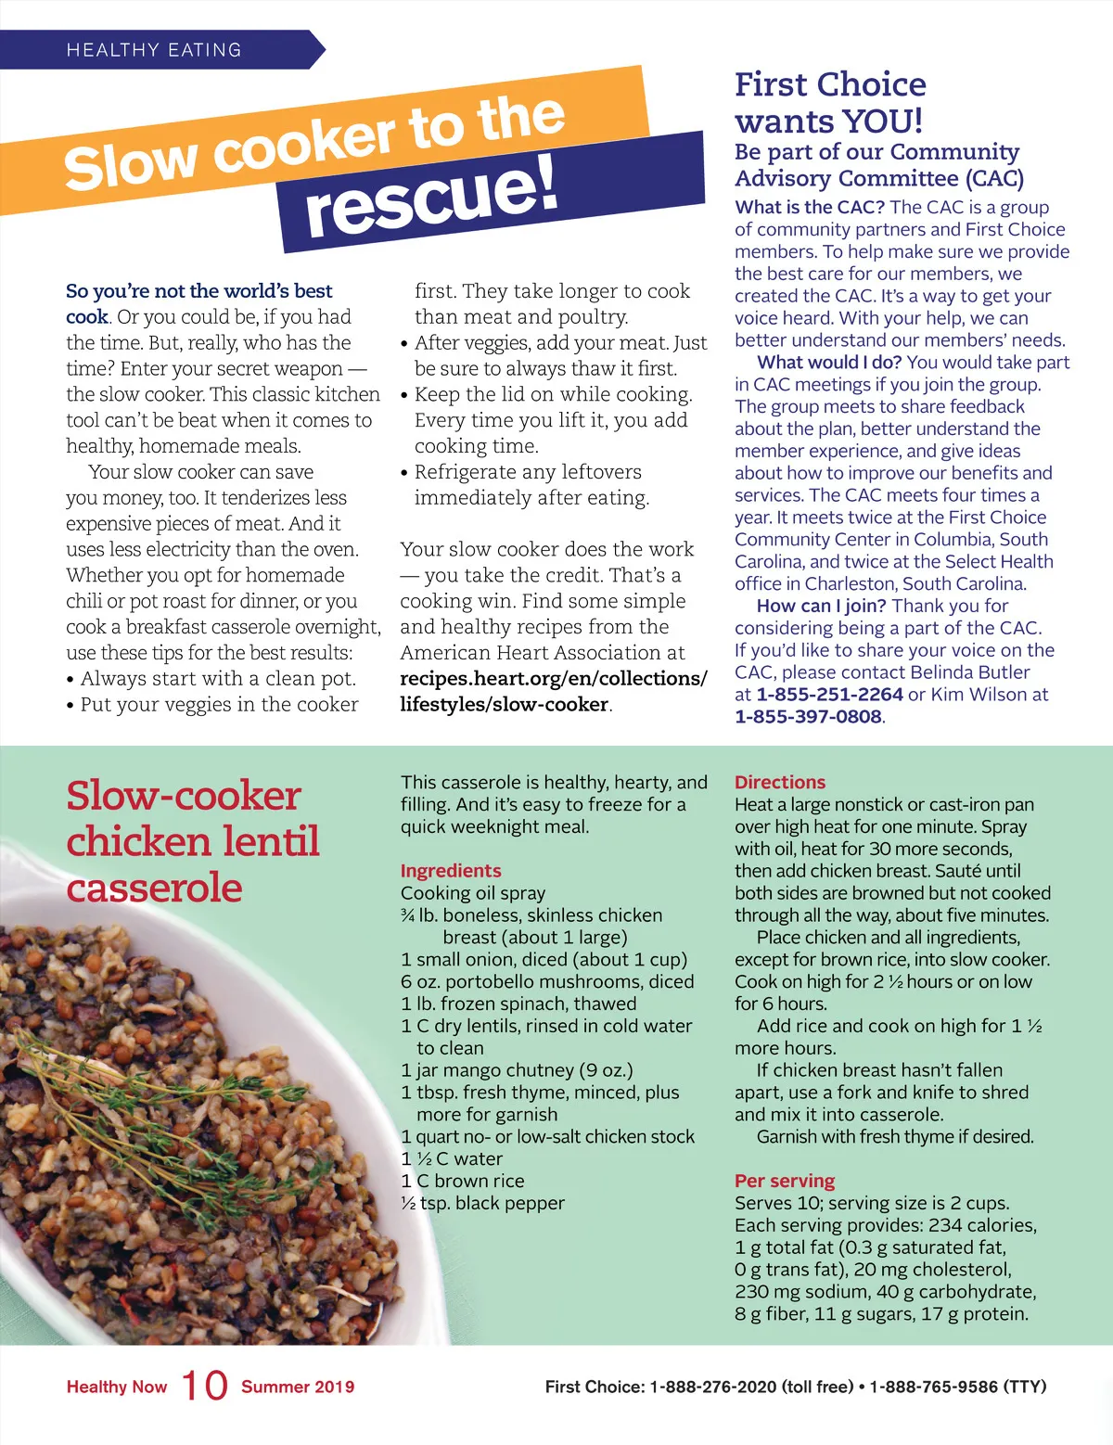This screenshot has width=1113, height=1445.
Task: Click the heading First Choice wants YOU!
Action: pyautogui.click(x=830, y=103)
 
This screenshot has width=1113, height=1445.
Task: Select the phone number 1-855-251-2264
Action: pyautogui.click(x=829, y=695)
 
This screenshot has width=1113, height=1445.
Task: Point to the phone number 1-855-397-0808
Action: pyautogui.click(x=808, y=717)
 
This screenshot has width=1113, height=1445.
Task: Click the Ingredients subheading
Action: pyautogui.click(x=451, y=871)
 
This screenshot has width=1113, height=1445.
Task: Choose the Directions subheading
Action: pyautogui.click(x=780, y=783)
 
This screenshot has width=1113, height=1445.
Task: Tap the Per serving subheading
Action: pyautogui.click(x=785, y=1182)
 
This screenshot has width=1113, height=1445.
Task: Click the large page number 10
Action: pyautogui.click(x=204, y=1387)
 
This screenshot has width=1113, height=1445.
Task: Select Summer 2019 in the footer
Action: pyautogui.click(x=298, y=1387)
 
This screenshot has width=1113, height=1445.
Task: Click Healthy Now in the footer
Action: pyautogui.click(x=117, y=1387)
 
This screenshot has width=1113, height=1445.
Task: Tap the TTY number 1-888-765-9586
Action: pyautogui.click(x=934, y=1387)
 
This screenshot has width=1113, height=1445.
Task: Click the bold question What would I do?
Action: pyautogui.click(x=829, y=363)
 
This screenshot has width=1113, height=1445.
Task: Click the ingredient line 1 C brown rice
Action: pyautogui.click(x=463, y=1182)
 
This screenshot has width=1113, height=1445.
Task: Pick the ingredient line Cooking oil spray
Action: pyautogui.click(x=473, y=893)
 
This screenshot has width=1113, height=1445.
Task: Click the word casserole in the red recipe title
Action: pyautogui.click(x=155, y=888)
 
